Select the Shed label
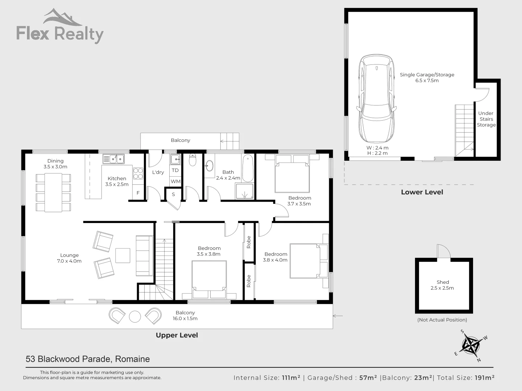pos(443,282)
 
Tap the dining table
pos(53,192)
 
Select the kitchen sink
pos(113,159)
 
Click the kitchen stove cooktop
pos(138,174)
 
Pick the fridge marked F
pos(138,193)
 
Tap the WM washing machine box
pos(175,181)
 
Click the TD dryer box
pos(175,170)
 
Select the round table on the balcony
pos(135,316)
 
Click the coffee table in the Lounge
pos(123,255)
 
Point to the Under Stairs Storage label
pos(486,119)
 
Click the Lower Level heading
pos(422,192)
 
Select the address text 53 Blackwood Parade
pos(88,359)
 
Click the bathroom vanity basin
pos(209,166)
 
